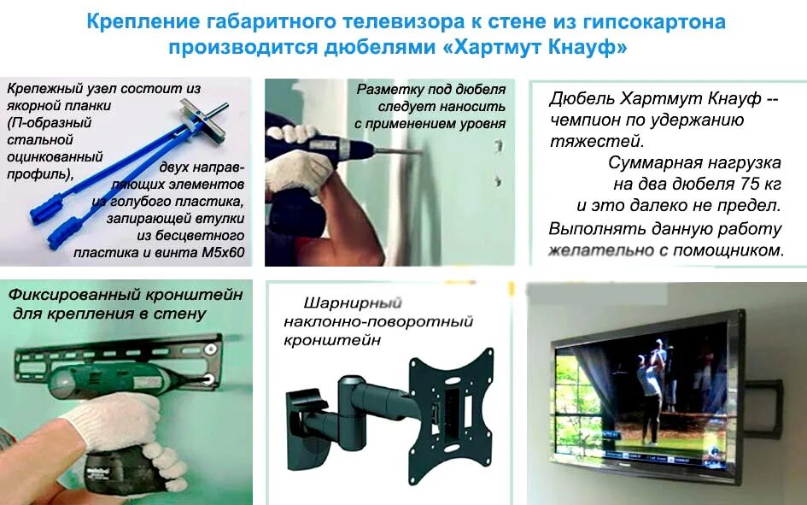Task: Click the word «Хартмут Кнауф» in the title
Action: [536, 47]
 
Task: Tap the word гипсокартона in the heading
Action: [653, 21]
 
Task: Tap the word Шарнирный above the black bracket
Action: [352, 302]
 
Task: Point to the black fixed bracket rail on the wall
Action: [128, 351]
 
